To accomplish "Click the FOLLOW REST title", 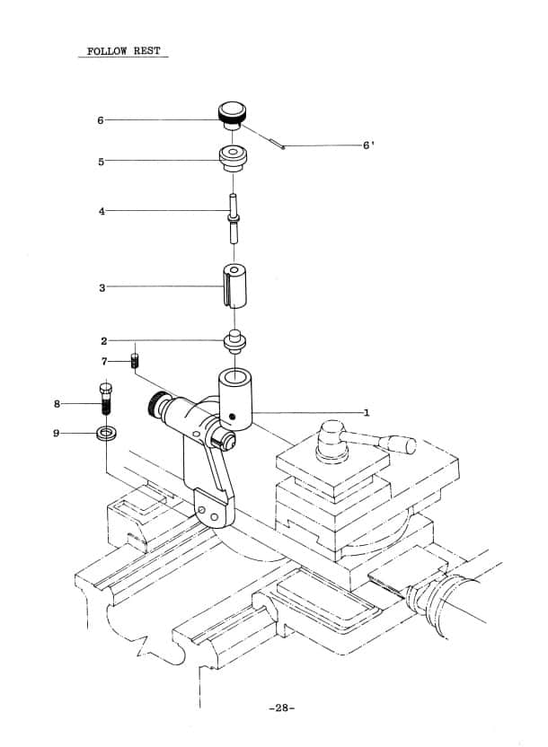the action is pos(123,51).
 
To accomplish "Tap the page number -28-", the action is pos(281,707).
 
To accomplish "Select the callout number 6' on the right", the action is pos(367,145).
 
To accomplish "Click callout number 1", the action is pos(366,413).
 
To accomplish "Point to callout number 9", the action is pos(57,433).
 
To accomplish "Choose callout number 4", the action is pos(102,211).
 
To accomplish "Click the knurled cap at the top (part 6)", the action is pos(232,115).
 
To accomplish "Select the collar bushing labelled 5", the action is pos(233,159).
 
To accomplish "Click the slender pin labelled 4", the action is pos(233,218).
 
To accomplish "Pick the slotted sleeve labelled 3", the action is pos(234,286).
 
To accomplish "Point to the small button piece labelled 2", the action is pos(234,341).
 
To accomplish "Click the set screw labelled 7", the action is pos(135,361).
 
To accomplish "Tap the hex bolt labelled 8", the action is pos(106,399).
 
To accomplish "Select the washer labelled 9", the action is pos(106,434).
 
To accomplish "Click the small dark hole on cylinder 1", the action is pos(232,417).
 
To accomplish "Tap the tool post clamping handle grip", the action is pos(402,444).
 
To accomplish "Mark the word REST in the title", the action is pos(146,51).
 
